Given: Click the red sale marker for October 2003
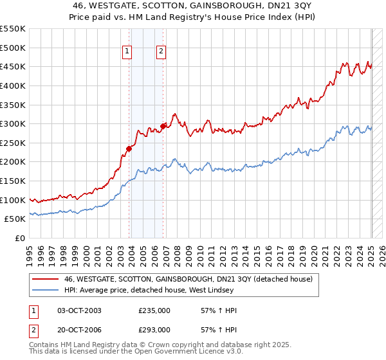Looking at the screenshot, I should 129,148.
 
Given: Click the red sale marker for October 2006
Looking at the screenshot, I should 163,126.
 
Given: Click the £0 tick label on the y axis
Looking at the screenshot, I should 19,238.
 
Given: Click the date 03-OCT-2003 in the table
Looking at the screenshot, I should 80,310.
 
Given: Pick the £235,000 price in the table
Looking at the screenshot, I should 154,310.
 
